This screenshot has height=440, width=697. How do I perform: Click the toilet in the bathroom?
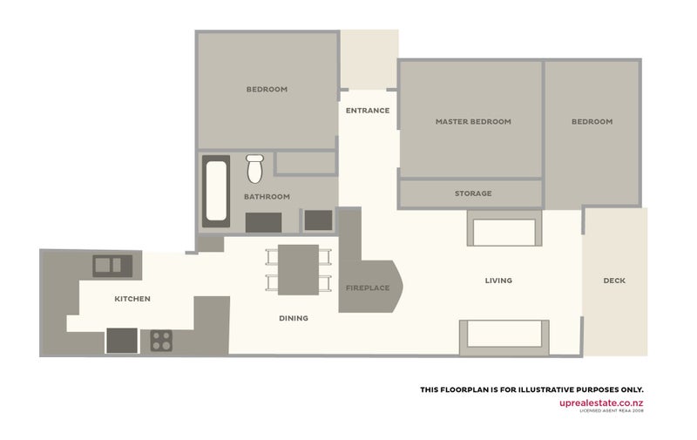(254, 168)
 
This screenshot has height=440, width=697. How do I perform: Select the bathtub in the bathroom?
(216, 189)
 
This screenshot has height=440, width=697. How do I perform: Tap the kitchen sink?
(110, 263)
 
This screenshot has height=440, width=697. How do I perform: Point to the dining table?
(298, 270)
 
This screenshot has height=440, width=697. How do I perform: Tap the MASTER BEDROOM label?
(473, 122)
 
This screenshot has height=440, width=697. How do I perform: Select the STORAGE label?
(473, 193)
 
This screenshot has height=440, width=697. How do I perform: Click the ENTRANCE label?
(368, 111)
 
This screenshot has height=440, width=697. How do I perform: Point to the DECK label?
(614, 281)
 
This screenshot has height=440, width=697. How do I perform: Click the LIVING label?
(498, 281)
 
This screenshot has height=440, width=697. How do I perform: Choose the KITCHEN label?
(132, 299)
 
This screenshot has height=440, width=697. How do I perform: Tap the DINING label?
(294, 318)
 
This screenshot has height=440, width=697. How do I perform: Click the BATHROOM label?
(267, 197)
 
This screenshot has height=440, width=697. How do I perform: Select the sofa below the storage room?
(504, 232)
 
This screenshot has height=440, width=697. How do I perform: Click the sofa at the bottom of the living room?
(504, 336)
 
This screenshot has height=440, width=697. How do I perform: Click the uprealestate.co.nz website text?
(601, 403)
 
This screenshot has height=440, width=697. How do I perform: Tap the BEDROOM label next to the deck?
(592, 122)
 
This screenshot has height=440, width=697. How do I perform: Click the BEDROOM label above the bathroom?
(267, 89)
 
